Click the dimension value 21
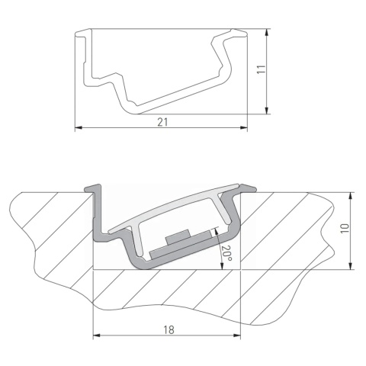click(x=162, y=121)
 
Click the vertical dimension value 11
click(x=260, y=69)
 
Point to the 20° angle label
click(x=225, y=252)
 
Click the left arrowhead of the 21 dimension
click(x=79, y=129)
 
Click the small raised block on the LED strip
click(x=181, y=236)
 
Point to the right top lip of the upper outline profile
click(x=239, y=32)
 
